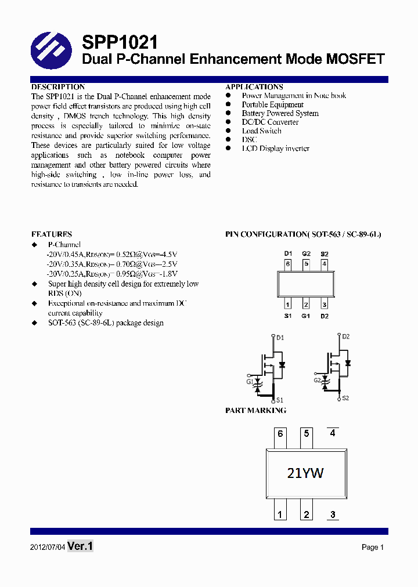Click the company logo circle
51,50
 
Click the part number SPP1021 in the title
120,42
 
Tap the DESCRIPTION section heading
58,87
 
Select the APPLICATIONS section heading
254,87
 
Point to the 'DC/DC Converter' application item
270,122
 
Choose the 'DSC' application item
249,140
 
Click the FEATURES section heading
52,234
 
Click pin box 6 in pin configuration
287,264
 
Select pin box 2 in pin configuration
306,305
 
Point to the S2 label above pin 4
325,253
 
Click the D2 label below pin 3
325,316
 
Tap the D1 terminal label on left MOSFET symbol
280,338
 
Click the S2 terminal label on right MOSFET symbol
345,398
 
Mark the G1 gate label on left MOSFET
250,382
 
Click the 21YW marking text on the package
305,473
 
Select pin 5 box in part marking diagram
306,434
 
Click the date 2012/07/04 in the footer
48,547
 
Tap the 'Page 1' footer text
373,547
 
